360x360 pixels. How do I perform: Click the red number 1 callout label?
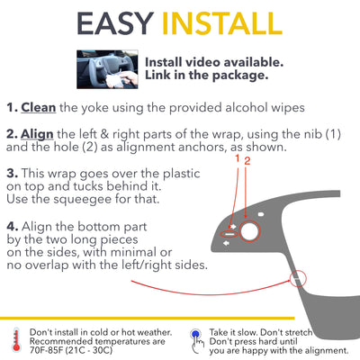coord(238,159)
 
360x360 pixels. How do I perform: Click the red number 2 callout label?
coord(247,161)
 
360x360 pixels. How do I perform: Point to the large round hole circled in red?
coord(249,231)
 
